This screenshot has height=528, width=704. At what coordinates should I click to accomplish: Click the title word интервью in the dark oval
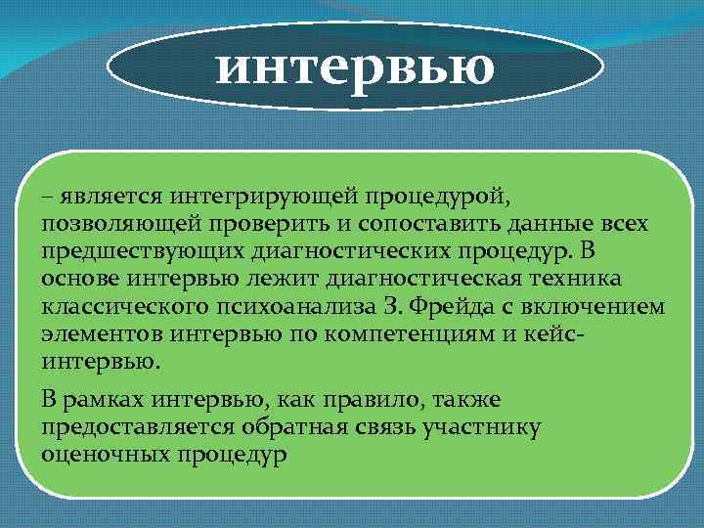click(355, 67)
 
